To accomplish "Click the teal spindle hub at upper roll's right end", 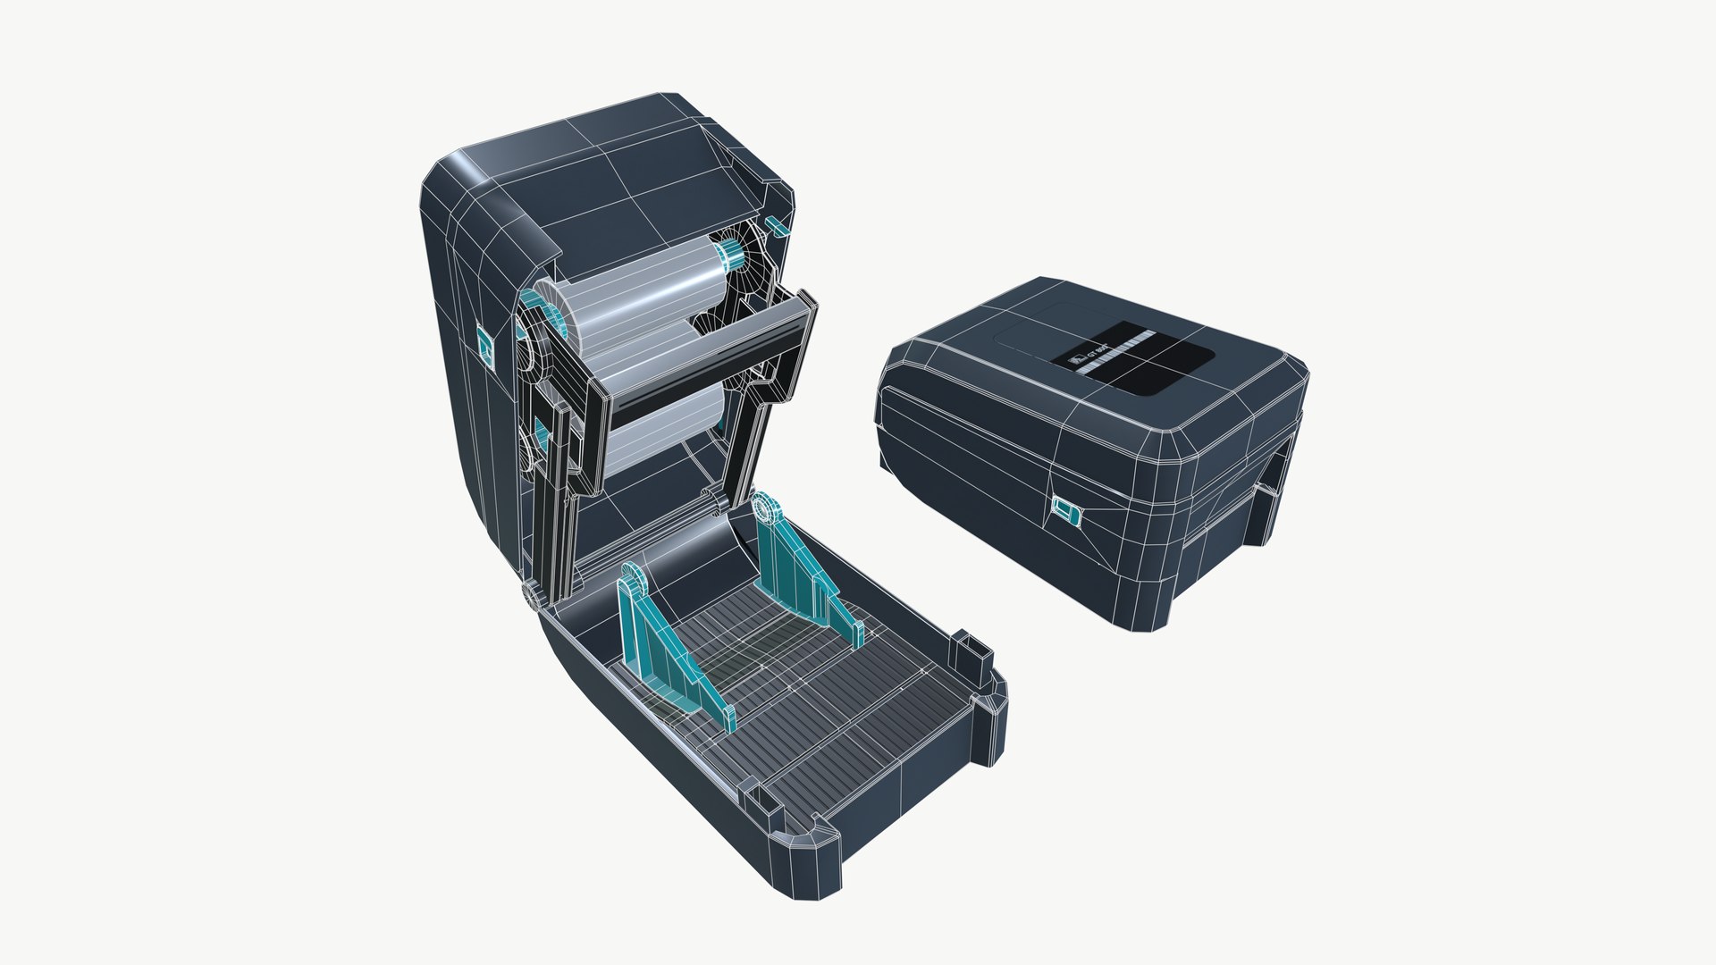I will (x=732, y=254).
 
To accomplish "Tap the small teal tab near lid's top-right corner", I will (x=775, y=225).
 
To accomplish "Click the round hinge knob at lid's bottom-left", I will (x=534, y=595).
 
